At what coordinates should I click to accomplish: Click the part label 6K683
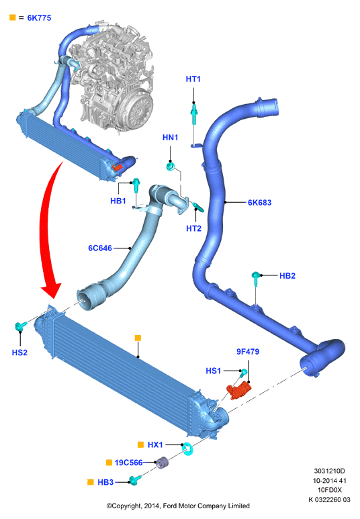(x=259, y=203)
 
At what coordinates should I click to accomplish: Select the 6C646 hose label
(x=100, y=248)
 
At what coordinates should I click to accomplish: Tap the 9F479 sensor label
(x=248, y=352)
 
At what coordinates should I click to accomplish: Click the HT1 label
(x=193, y=79)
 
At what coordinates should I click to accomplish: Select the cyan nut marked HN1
(x=171, y=166)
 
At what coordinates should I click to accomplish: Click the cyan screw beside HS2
(x=21, y=327)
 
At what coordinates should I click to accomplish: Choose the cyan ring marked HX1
(x=187, y=449)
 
